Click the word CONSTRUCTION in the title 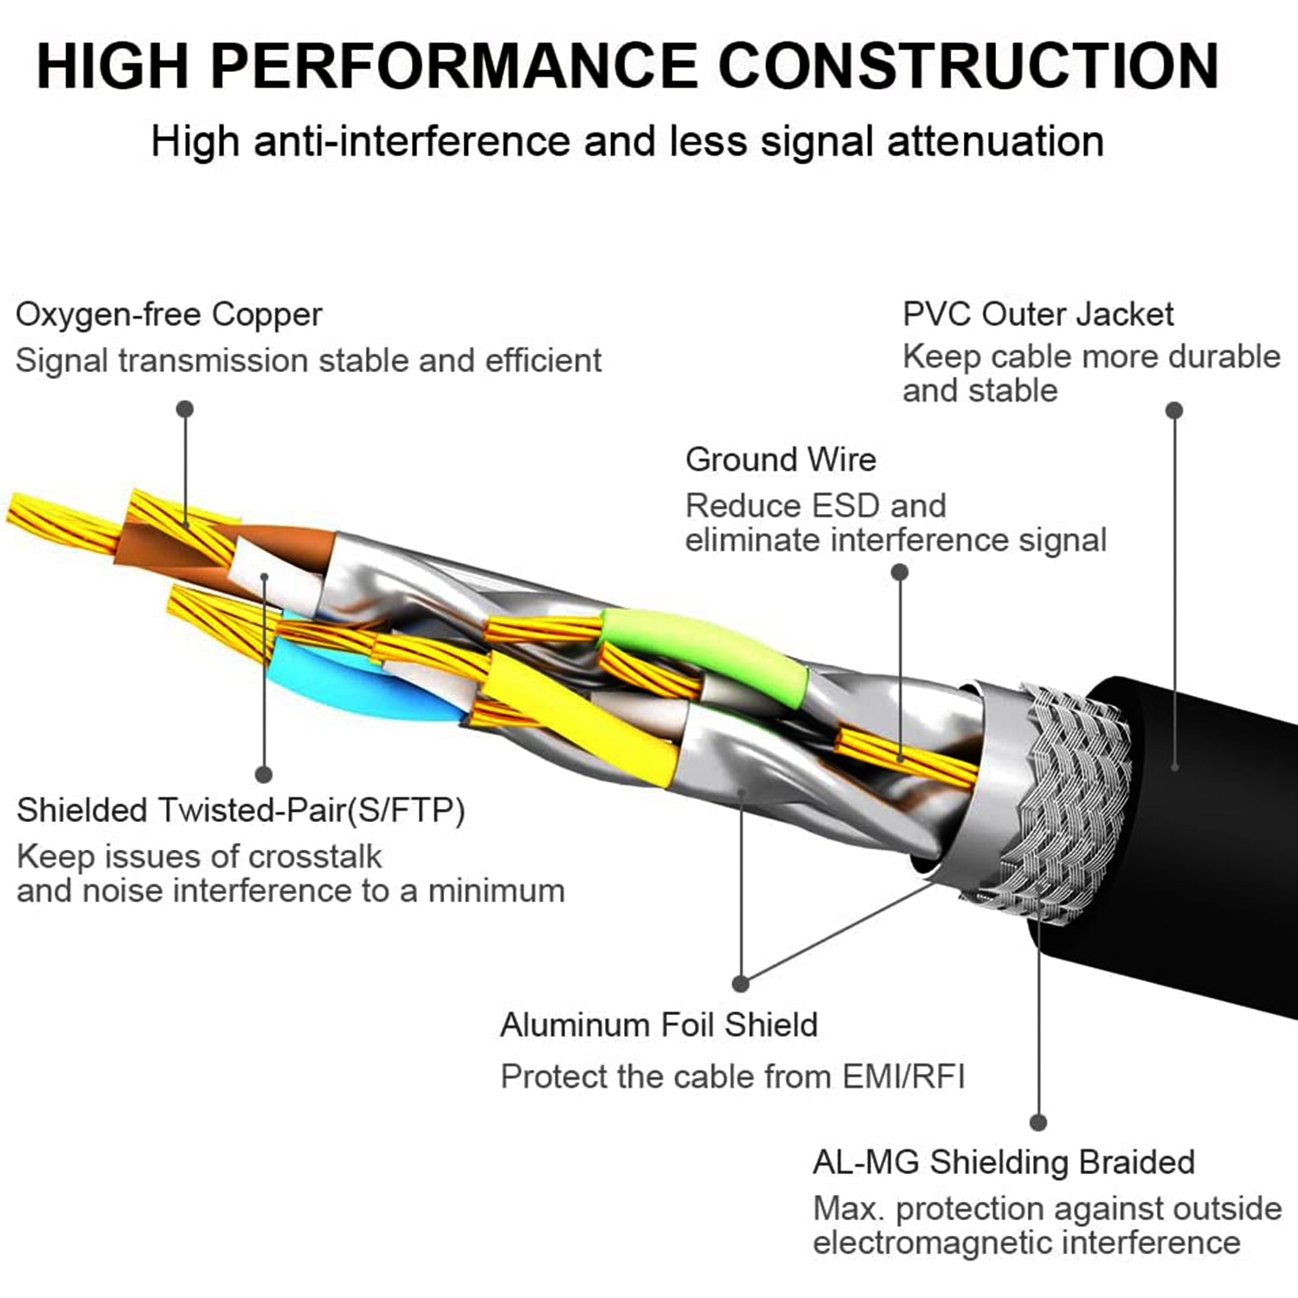pyautogui.click(x=969, y=65)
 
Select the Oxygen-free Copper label pyautogui.click(x=169, y=314)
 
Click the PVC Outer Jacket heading pyautogui.click(x=1038, y=314)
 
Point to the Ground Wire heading pyautogui.click(x=781, y=459)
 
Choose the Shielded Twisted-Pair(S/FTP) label pyautogui.click(x=241, y=811)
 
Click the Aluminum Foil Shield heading pyautogui.click(x=659, y=1025)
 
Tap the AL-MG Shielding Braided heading pyautogui.click(x=1003, y=1162)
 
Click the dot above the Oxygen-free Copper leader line pyautogui.click(x=184, y=409)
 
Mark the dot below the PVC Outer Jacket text pyautogui.click(x=1174, y=410)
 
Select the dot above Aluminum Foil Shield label pyautogui.click(x=740, y=983)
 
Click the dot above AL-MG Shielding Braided pyautogui.click(x=1038, y=1122)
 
